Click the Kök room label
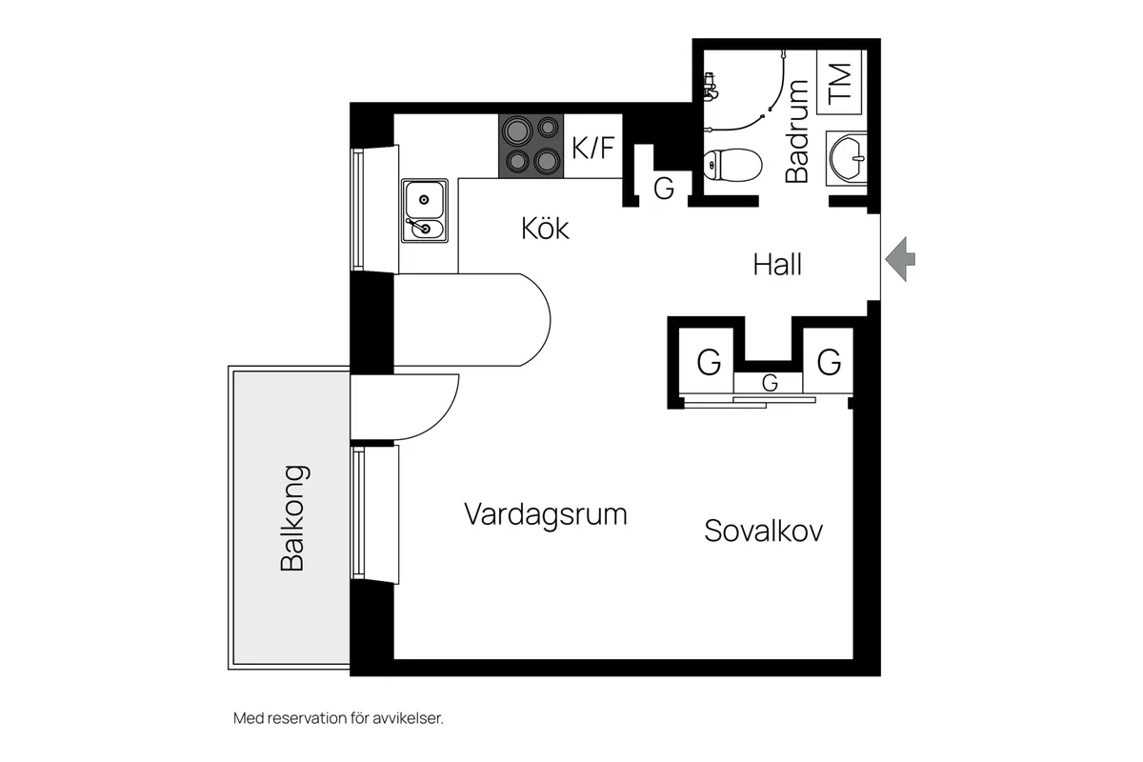coord(545,229)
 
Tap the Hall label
coord(777,264)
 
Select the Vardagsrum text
coord(546,514)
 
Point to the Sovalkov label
coord(763,531)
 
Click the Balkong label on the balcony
coord(293,517)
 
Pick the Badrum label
coord(797,131)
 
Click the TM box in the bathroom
coord(839,83)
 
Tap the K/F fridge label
coord(592,148)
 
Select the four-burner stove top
coord(531,146)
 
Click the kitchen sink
coord(424,211)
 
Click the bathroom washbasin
coord(846,154)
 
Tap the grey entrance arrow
coord(900,259)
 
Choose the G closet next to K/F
coord(664,189)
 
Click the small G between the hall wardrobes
coord(770,383)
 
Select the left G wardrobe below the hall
coord(709,362)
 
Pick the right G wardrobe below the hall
coord(829,362)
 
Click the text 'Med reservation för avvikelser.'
coord(338,718)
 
